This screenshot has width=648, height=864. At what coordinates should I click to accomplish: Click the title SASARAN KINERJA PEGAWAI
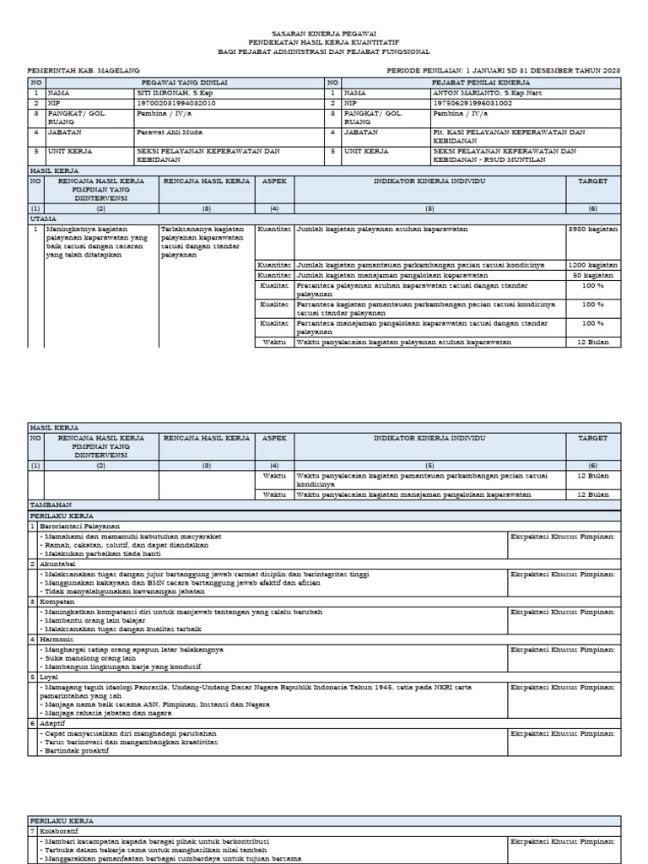323,31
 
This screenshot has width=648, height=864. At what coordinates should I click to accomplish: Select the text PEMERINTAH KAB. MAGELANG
84,72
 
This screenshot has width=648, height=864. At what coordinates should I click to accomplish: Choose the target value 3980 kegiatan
592,229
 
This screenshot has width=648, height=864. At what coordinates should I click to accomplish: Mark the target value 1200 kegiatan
592,265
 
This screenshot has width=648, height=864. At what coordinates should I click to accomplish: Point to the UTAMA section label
42,218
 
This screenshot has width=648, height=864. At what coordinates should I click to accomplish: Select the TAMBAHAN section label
50,504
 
